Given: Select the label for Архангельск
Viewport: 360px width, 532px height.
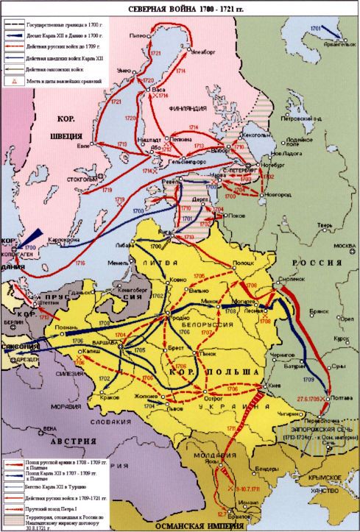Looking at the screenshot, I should tap(328, 45).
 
